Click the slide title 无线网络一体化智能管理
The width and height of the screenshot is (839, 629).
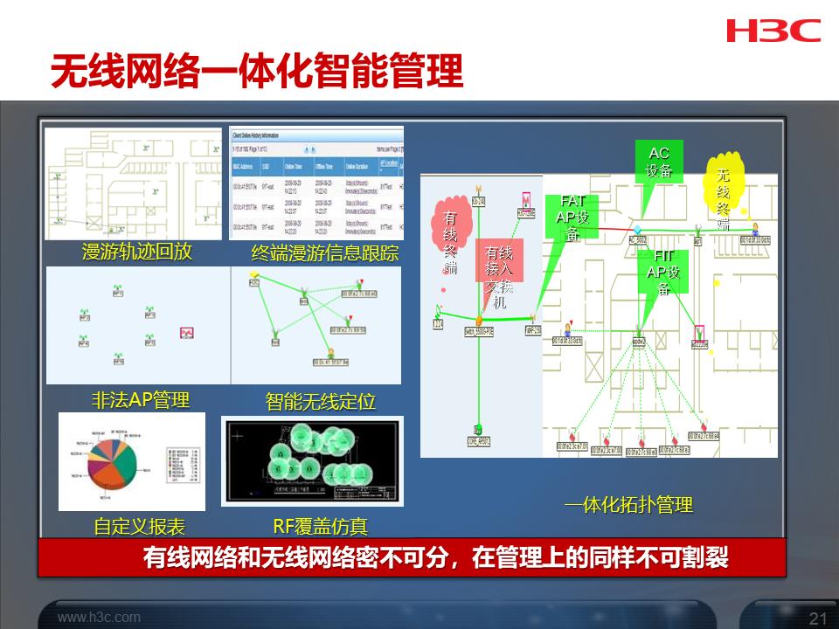(x=256, y=73)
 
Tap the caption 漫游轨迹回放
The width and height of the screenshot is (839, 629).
(x=136, y=252)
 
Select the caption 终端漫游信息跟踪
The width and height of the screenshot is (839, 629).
(x=324, y=253)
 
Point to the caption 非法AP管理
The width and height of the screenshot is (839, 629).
(x=141, y=400)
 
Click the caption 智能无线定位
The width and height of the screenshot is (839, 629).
(x=320, y=402)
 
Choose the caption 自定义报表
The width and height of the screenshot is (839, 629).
(x=140, y=527)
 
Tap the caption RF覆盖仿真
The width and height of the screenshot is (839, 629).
(x=320, y=526)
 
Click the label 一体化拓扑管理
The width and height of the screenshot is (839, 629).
(x=628, y=505)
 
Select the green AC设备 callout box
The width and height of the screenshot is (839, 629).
(x=659, y=162)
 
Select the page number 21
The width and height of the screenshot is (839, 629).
(x=818, y=619)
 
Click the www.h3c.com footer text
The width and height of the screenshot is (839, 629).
(x=99, y=618)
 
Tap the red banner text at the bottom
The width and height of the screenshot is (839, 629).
(x=435, y=558)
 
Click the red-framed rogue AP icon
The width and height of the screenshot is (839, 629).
(x=187, y=333)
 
